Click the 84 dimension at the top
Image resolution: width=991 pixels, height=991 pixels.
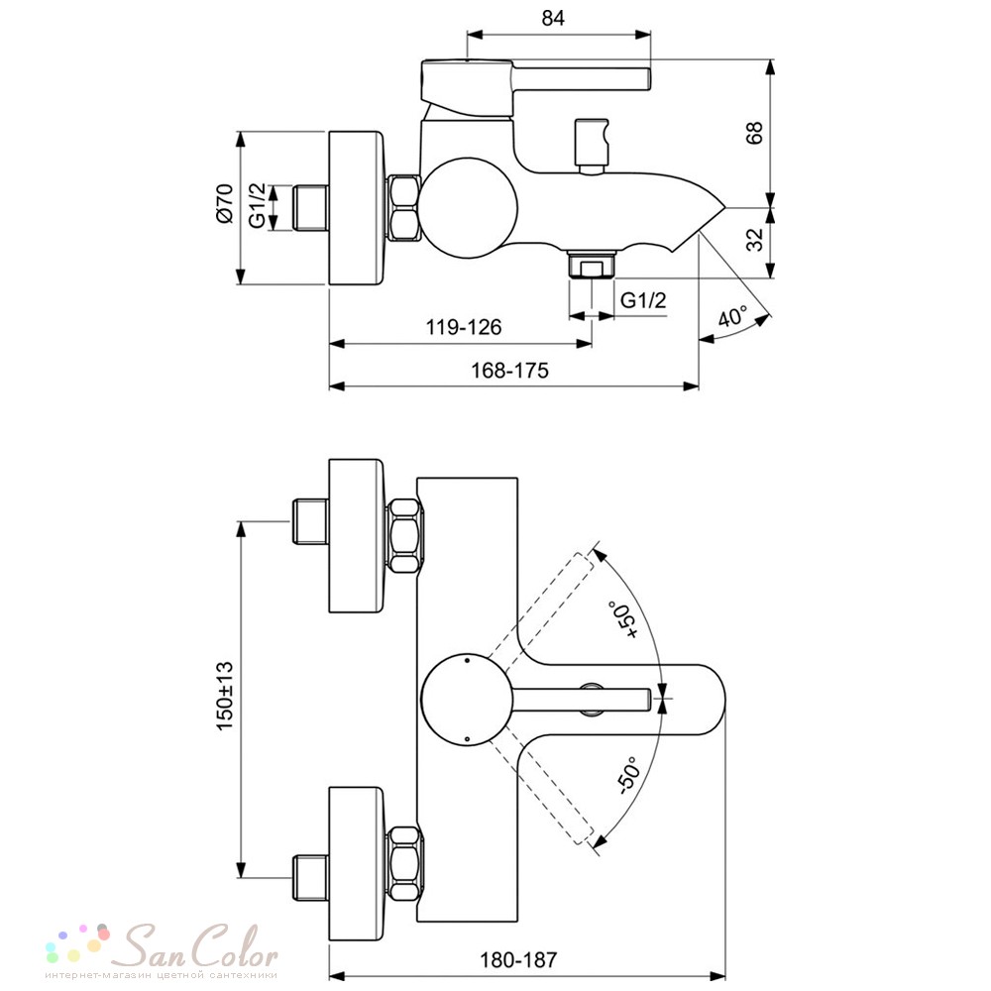point(552,18)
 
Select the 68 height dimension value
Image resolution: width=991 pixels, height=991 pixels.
point(754,133)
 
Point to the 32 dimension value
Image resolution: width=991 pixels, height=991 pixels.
point(754,240)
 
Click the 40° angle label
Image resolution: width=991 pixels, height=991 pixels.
point(733,315)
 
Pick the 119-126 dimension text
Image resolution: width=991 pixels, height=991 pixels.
point(463,327)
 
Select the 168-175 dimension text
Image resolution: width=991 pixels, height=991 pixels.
point(509,370)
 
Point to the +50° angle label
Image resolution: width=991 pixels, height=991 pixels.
point(623,620)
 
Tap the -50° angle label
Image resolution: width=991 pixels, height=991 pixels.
point(629,774)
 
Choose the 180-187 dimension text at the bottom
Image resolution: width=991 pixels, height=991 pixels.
point(518,960)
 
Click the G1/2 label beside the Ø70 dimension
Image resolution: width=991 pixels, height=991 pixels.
point(258,205)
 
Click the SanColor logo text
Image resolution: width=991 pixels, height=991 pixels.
point(199,946)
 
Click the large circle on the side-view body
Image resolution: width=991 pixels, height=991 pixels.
point(469,208)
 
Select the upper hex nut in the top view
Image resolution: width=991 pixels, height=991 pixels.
point(404,536)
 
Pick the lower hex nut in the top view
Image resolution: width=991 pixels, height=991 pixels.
point(404,863)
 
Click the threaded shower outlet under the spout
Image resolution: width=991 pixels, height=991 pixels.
point(592,264)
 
